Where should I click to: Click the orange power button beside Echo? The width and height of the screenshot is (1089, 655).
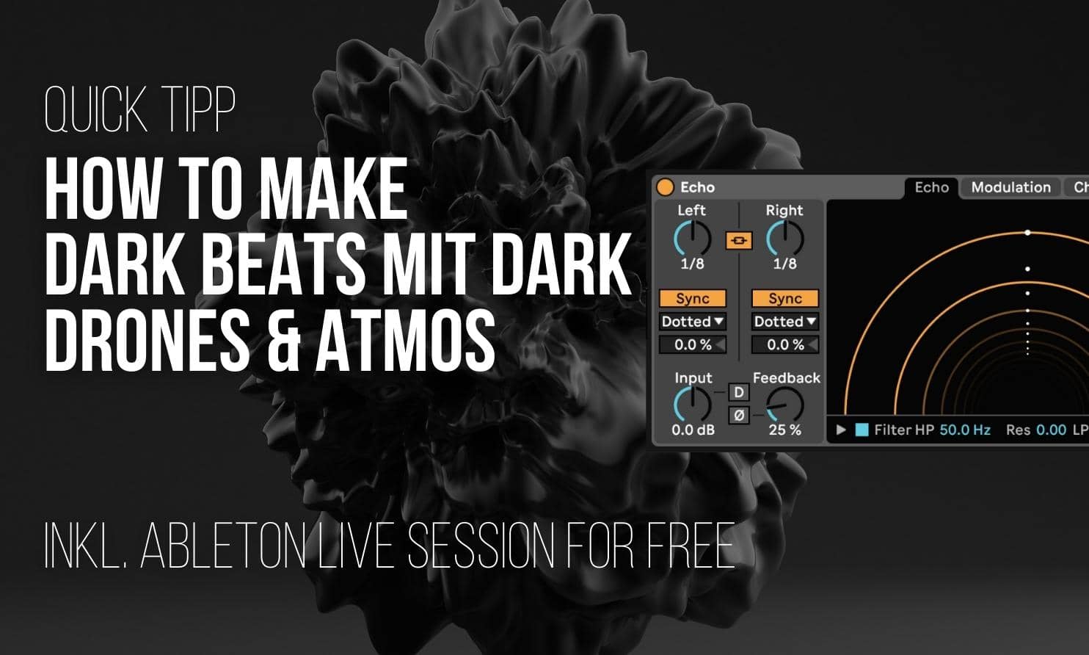pyautogui.click(x=665, y=187)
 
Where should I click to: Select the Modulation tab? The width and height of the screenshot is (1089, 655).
pyautogui.click(x=1010, y=187)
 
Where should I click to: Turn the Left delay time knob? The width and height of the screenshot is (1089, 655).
pyautogui.click(x=692, y=239)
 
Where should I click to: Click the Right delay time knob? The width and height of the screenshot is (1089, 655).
pyautogui.click(x=784, y=239)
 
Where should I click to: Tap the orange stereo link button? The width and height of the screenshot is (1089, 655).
pyautogui.click(x=738, y=240)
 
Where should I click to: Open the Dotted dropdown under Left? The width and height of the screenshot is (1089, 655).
pyautogui.click(x=693, y=322)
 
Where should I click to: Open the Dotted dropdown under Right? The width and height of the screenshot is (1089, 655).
pyautogui.click(x=785, y=322)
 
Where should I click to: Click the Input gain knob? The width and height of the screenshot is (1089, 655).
pyautogui.click(x=692, y=405)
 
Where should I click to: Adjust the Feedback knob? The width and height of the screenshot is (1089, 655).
pyautogui.click(x=784, y=405)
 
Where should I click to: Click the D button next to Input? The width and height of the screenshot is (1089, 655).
pyautogui.click(x=739, y=393)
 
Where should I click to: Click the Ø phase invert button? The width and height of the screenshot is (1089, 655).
pyautogui.click(x=739, y=416)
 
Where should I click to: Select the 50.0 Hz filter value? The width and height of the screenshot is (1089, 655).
pyautogui.click(x=965, y=430)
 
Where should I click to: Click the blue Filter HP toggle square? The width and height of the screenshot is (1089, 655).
pyautogui.click(x=862, y=430)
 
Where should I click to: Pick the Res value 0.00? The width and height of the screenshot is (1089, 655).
pyautogui.click(x=1051, y=430)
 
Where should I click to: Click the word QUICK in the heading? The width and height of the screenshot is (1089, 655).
pyautogui.click(x=95, y=110)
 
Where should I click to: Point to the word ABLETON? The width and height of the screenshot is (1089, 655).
pyautogui.click(x=222, y=546)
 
